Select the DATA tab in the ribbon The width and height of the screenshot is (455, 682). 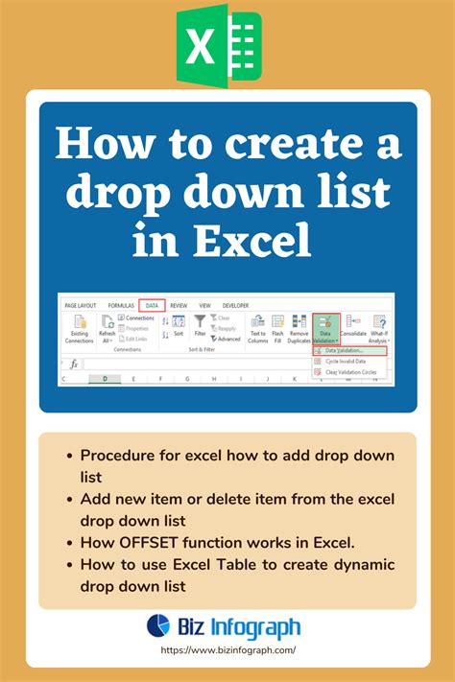pos(152,304)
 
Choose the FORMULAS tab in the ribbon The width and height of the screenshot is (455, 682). pos(120,304)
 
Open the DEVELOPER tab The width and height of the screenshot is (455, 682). pos(235,304)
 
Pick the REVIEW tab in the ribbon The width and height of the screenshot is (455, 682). pos(179,304)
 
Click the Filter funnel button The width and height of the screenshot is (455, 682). pos(200,327)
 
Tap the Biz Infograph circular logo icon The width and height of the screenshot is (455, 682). pos(158,626)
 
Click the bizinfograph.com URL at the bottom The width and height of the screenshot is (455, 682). pos(227,650)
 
